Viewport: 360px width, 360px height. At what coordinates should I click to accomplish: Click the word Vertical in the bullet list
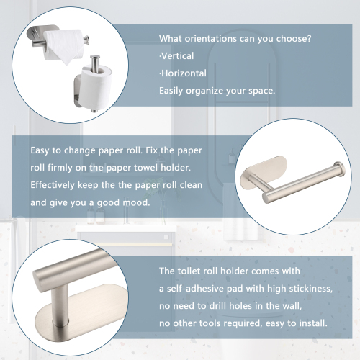click(x=178, y=56)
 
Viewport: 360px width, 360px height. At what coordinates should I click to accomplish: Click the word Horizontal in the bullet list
click(x=184, y=73)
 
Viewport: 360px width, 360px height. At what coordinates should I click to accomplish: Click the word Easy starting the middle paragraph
click(x=40, y=150)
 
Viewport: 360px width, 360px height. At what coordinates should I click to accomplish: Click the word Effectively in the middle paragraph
click(x=53, y=185)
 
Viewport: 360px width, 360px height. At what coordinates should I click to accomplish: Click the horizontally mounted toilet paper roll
click(x=64, y=45)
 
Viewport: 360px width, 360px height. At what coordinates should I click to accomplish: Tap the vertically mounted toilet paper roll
click(x=96, y=88)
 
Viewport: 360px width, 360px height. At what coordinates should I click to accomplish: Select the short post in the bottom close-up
click(x=60, y=303)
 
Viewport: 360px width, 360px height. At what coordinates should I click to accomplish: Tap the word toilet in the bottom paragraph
click(x=189, y=271)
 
